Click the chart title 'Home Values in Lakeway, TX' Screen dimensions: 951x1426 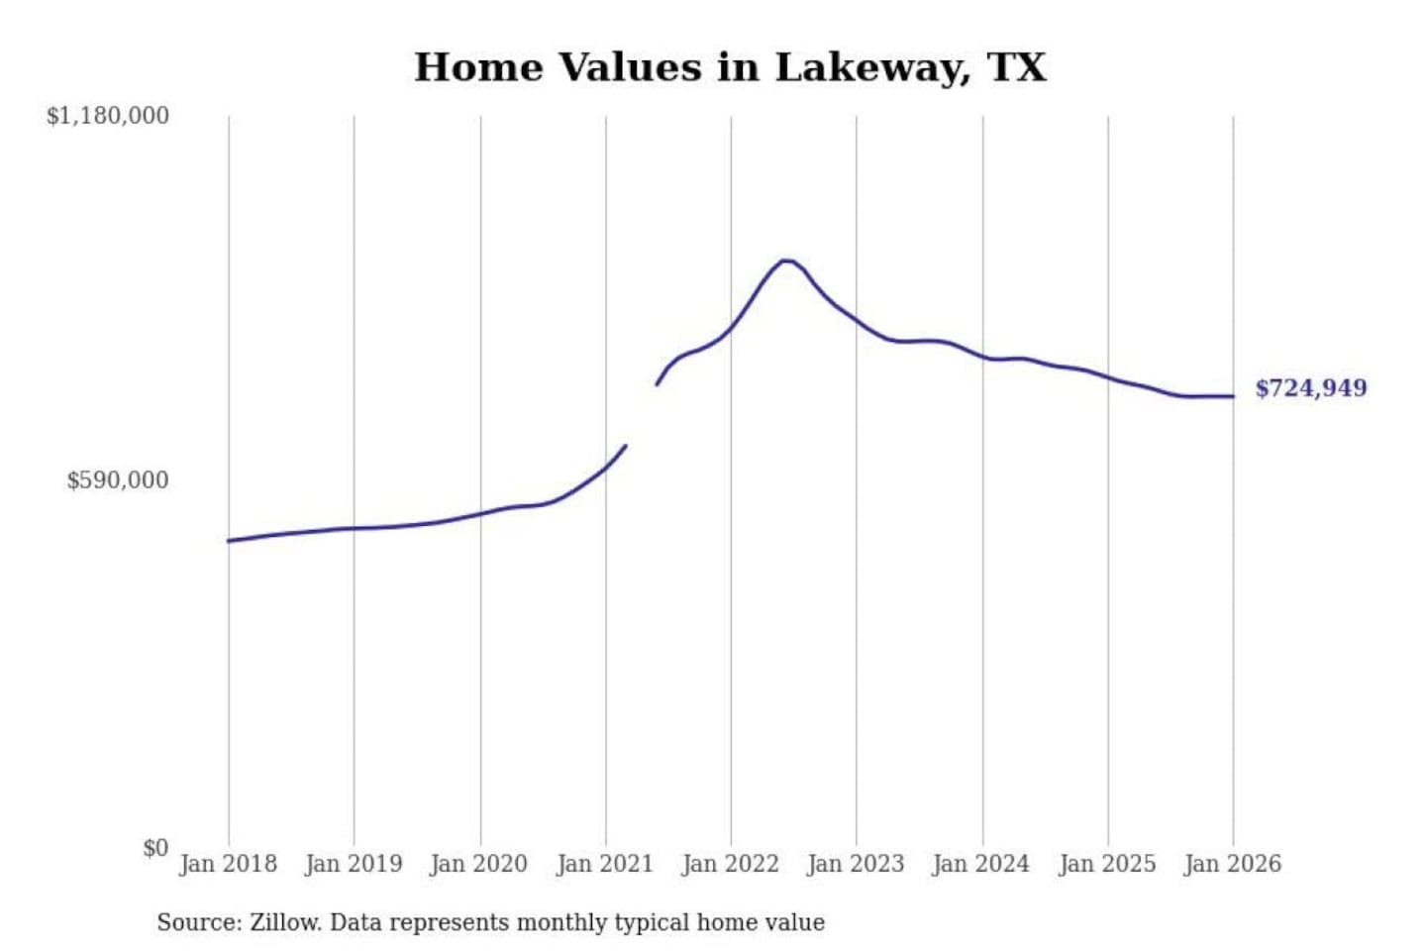coord(730,67)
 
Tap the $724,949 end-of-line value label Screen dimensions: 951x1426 coord(1310,388)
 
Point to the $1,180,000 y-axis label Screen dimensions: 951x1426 coord(108,116)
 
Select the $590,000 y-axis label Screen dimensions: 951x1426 coord(118,480)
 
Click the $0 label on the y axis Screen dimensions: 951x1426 coord(155,848)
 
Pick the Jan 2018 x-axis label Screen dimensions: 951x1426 coord(228,864)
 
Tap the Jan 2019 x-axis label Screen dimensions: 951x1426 coord(354,864)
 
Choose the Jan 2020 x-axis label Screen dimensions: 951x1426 coord(479,864)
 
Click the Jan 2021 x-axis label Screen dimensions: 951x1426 coord(605,864)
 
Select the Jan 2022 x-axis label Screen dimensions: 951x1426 coord(731,864)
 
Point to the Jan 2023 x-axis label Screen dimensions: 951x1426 coord(856,864)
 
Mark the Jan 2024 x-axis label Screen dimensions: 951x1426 coord(981,864)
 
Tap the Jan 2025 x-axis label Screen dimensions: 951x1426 coord(1107,864)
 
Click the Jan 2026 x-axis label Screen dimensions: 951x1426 coord(1233,864)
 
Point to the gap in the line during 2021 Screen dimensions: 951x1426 coord(641,415)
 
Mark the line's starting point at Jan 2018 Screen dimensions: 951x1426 coord(229,541)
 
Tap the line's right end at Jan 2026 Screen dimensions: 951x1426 coord(1233,396)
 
